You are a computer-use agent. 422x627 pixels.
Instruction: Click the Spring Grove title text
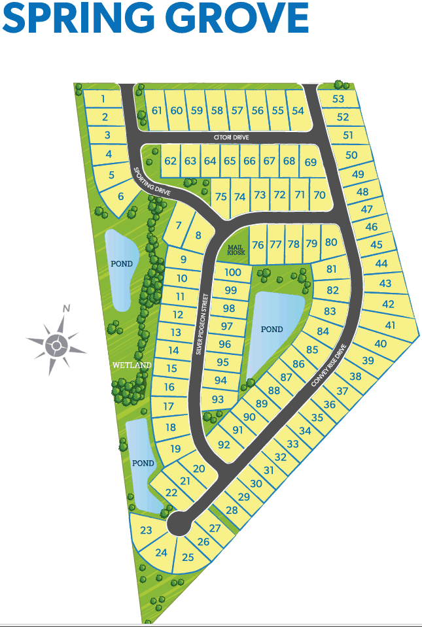pos(155,18)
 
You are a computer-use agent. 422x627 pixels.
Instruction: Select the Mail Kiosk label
pos(236,249)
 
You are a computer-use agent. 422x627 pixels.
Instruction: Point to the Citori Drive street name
pos(232,137)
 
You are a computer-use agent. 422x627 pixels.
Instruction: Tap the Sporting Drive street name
pos(152,182)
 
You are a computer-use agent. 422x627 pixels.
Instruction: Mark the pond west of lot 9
pos(122,264)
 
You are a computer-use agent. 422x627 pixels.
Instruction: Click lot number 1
pos(103,99)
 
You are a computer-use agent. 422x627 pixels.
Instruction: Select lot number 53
pos(338,99)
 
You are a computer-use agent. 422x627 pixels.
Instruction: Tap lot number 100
pos(233,273)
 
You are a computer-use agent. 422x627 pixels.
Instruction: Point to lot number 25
pos(188,558)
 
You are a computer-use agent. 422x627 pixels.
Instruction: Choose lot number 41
pos(391,325)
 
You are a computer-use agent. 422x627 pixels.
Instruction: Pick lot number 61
pos(156,110)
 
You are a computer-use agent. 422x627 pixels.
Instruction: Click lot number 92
pos(224,445)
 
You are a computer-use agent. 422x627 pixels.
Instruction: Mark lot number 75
pos(220,197)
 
